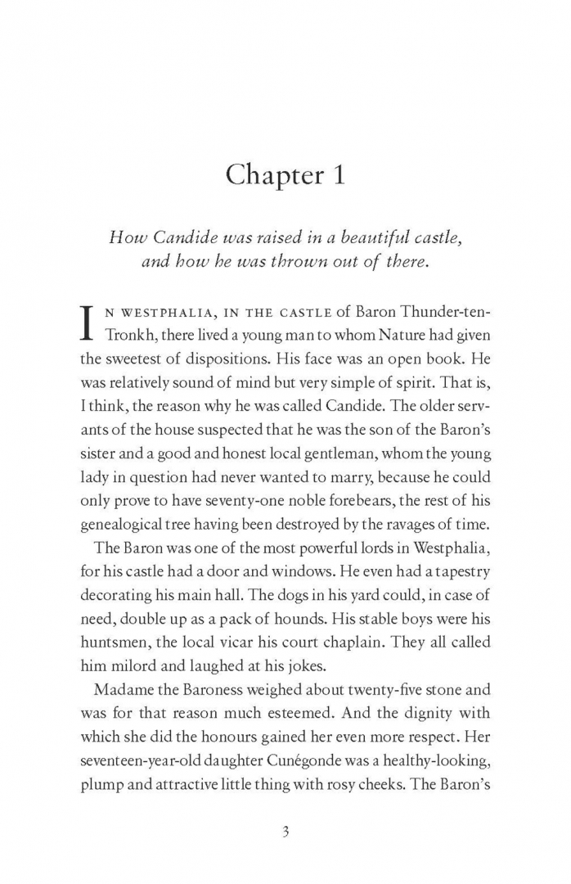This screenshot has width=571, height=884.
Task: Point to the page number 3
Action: point(285,831)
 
